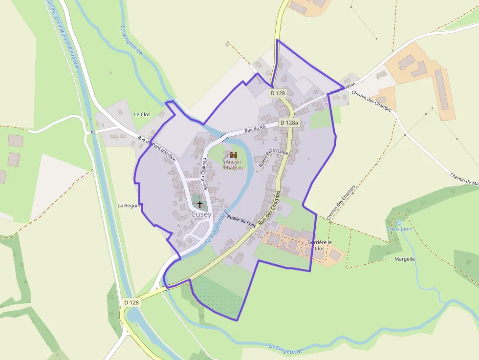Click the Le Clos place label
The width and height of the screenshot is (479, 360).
142,114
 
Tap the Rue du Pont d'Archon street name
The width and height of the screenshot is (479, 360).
156,148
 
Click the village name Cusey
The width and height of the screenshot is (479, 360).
201,214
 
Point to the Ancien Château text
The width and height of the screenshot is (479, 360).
233,165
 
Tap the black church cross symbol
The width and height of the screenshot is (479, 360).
199,204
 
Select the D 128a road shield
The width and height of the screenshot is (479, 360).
289,123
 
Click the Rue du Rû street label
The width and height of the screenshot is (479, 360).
255,129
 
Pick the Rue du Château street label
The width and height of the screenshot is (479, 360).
205,173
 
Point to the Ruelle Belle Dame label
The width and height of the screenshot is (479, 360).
274,159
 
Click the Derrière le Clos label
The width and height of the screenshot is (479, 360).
320,245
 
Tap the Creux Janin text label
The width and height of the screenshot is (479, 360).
399,229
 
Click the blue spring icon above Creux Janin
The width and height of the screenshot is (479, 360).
399,223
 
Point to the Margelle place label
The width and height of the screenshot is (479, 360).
405,259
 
